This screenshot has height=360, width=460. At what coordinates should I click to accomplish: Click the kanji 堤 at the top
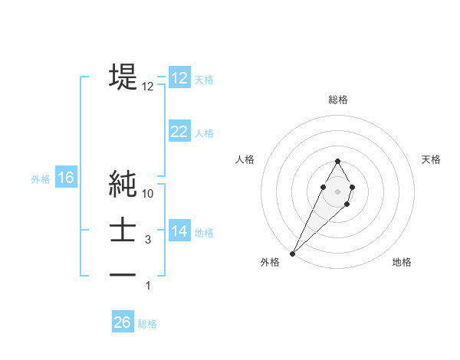[x=123, y=77]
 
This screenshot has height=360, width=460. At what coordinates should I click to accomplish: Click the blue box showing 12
[x=179, y=78]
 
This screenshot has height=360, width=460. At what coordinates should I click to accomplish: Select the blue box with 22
[x=179, y=132]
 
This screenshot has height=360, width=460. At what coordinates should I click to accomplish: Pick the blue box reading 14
[x=179, y=231]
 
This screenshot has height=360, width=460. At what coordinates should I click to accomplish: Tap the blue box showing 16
[x=66, y=178]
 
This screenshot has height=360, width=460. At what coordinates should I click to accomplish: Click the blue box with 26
[x=123, y=322]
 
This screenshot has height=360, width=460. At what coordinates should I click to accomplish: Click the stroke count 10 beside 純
[x=148, y=194]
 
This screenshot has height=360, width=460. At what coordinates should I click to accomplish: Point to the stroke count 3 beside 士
[x=148, y=240]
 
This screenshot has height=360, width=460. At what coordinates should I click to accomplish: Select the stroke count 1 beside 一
[x=148, y=286]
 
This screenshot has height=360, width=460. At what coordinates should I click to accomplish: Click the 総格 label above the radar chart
[x=338, y=100]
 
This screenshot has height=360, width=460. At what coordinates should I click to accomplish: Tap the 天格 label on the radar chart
[x=431, y=159]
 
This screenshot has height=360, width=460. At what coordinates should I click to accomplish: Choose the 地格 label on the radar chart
[x=402, y=262]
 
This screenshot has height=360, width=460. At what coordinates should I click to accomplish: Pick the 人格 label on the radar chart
[x=245, y=159]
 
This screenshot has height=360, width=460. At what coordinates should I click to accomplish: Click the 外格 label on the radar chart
[x=270, y=262]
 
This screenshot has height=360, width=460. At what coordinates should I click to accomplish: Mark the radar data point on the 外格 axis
[x=293, y=252]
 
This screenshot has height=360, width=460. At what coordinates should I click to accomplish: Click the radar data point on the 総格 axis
[x=338, y=161]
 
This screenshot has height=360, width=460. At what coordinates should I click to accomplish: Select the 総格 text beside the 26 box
[x=147, y=323]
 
